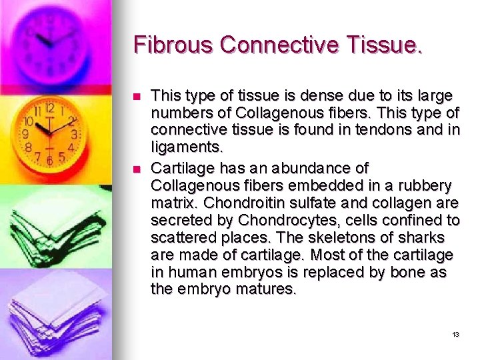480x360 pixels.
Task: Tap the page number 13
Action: point(455,334)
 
